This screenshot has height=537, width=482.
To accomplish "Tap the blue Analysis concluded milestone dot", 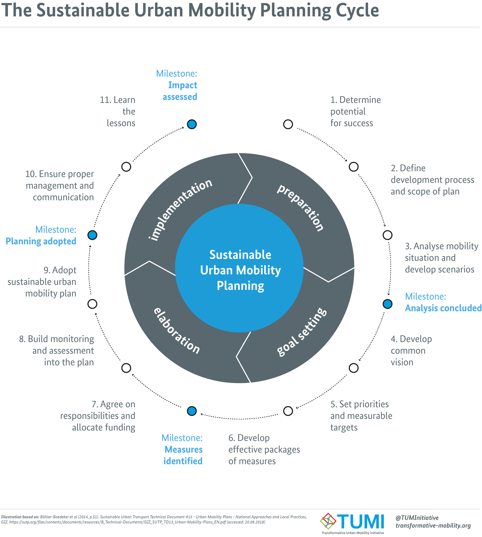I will (x=387, y=304).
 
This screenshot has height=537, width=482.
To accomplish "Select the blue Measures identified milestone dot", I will (x=192, y=411).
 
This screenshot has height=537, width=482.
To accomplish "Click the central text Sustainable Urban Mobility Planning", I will (x=240, y=270).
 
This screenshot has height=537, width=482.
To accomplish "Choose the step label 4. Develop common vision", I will (x=411, y=351).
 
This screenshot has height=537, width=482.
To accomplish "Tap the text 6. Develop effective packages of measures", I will (x=264, y=449).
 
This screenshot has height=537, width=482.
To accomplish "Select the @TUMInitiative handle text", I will (x=417, y=518).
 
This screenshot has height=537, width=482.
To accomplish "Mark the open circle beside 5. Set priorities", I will (x=288, y=411).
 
